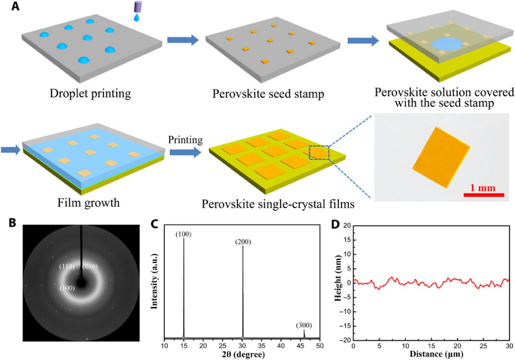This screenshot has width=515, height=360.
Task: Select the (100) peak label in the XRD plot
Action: click(x=184, y=233)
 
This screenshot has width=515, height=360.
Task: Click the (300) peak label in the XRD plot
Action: click(x=304, y=325)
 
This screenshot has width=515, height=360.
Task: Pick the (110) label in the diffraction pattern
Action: click(x=67, y=267)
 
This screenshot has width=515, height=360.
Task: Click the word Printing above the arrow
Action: click(x=186, y=140)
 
